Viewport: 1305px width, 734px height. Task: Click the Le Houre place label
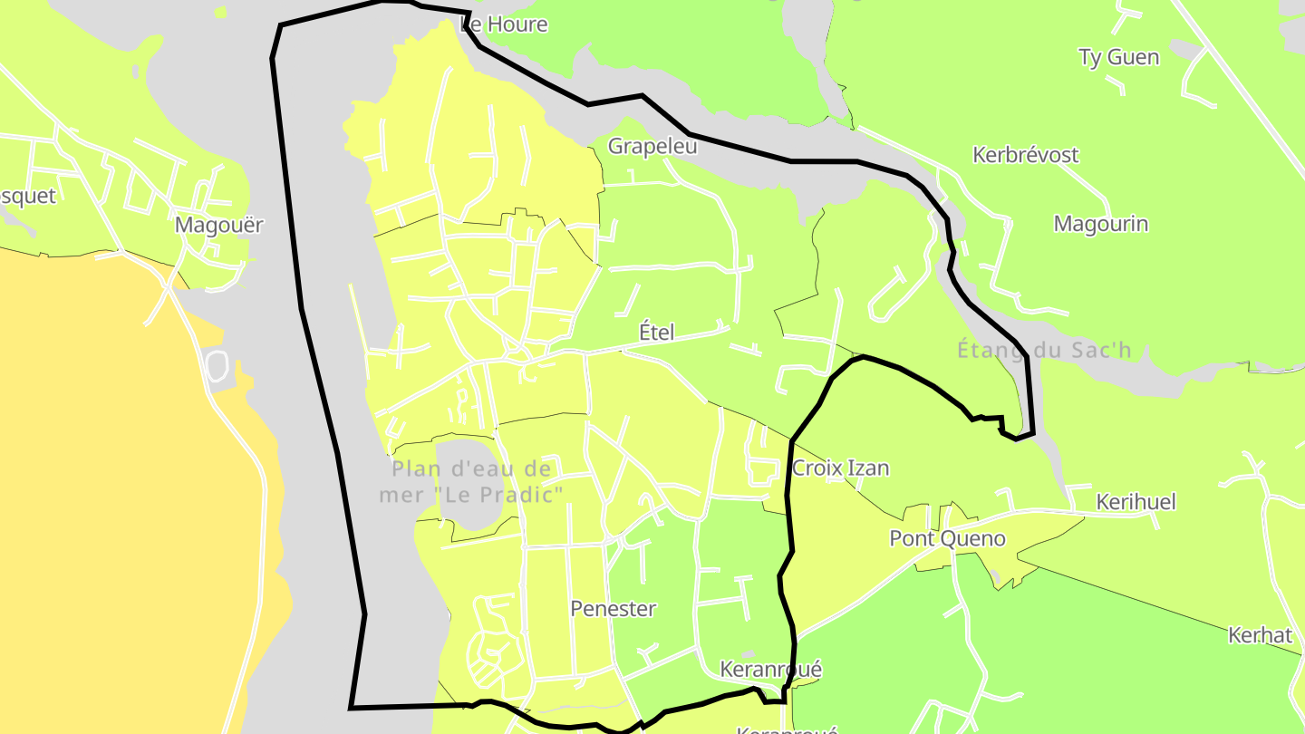(505, 24)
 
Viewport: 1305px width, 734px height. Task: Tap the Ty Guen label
(1118, 57)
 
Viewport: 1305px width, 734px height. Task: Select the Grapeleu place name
(652, 146)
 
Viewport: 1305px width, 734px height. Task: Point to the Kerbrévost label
(1025, 155)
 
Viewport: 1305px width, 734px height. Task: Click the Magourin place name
(1100, 224)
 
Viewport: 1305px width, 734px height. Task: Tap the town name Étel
(657, 333)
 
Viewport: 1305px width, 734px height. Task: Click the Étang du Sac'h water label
(1044, 350)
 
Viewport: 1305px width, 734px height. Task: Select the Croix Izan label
(840, 468)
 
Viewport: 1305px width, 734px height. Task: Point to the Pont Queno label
(947, 539)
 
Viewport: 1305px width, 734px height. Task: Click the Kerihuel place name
(1136, 502)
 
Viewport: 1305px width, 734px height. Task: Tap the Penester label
(613, 609)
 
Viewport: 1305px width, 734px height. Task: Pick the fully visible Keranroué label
(770, 670)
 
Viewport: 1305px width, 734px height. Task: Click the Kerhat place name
(1260, 635)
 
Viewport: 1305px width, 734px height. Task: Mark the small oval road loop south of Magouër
(217, 365)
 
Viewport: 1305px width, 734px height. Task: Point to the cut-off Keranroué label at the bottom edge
(787, 729)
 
